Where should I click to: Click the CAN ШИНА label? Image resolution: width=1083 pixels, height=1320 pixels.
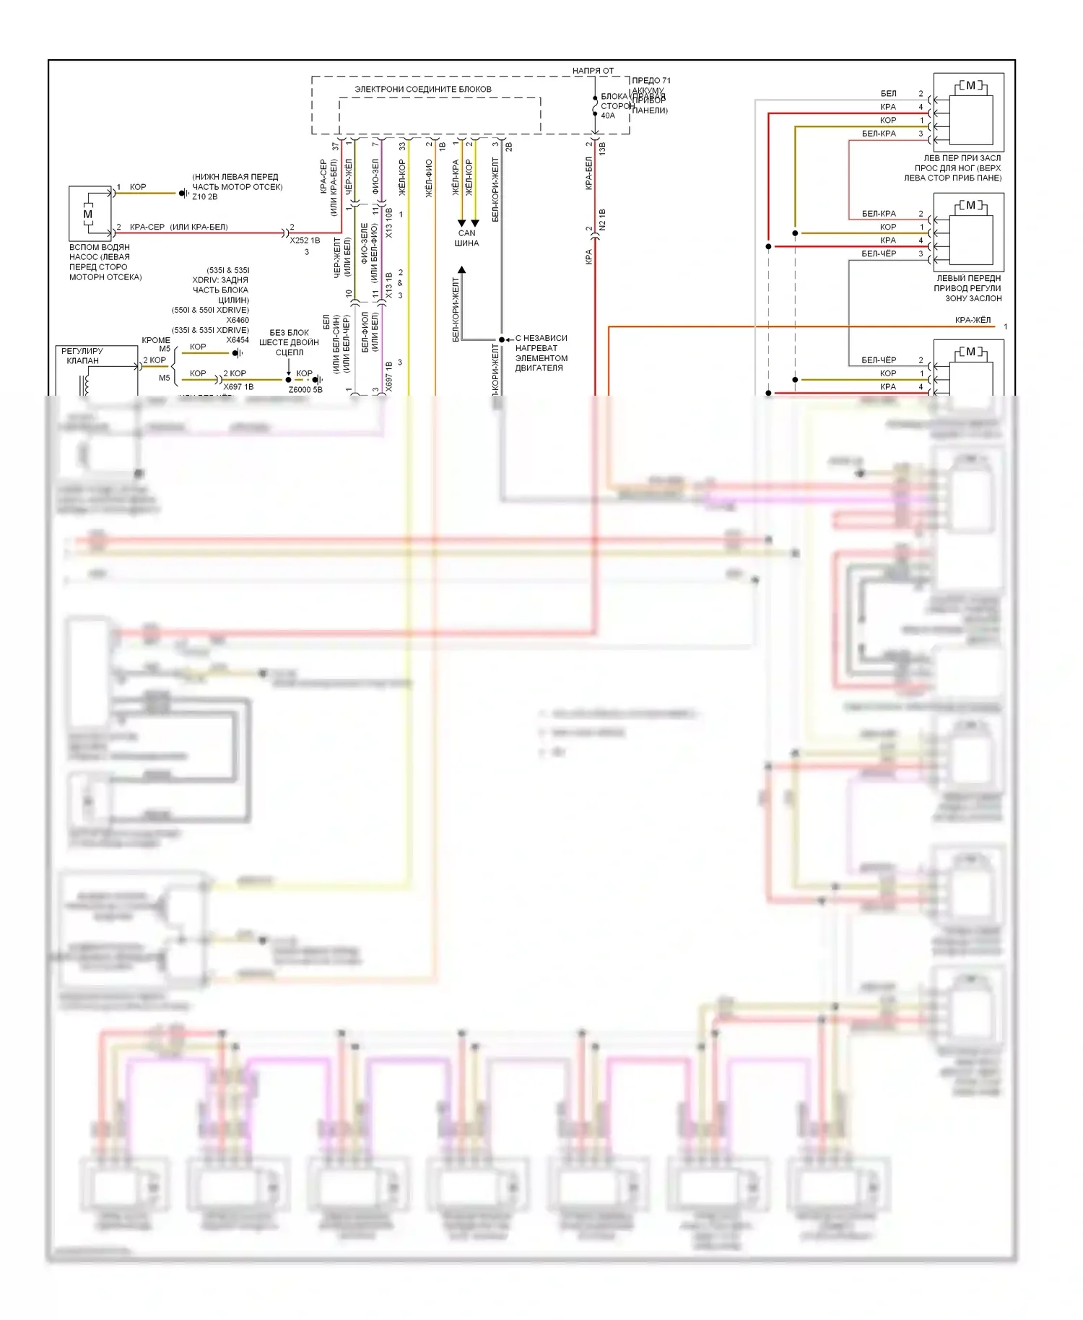point(466,238)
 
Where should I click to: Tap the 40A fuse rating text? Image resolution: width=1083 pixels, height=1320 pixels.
point(608,116)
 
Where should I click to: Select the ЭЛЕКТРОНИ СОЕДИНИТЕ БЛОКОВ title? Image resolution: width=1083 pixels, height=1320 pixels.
point(423,89)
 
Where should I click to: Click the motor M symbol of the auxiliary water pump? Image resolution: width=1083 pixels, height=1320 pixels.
point(88,214)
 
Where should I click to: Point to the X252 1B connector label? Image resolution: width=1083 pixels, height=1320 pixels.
point(305,240)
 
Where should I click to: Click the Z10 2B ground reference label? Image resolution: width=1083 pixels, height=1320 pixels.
point(204,196)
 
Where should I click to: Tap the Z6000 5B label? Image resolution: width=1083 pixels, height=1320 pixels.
point(305,390)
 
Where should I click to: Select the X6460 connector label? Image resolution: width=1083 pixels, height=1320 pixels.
point(238,320)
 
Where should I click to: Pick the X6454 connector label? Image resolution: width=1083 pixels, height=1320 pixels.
point(238,340)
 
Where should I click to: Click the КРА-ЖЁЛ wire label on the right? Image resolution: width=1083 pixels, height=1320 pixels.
point(973,320)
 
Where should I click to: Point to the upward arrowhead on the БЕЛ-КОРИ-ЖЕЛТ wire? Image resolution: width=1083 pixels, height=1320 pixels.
point(461,270)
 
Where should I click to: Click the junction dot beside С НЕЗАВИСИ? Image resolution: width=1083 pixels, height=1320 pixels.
point(502,339)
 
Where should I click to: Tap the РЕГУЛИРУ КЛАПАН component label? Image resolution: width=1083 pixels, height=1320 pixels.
point(82,355)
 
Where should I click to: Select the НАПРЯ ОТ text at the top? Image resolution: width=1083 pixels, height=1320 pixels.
point(593,71)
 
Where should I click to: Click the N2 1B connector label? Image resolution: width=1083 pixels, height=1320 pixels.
point(603,220)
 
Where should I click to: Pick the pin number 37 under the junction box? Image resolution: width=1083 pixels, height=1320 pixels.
point(335,146)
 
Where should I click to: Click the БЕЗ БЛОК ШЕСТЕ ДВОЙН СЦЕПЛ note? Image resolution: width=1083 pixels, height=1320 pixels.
point(289,342)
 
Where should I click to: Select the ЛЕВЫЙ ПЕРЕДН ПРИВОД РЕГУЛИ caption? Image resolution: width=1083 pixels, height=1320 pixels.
point(968,288)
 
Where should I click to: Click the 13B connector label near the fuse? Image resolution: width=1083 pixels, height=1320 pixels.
point(603,149)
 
